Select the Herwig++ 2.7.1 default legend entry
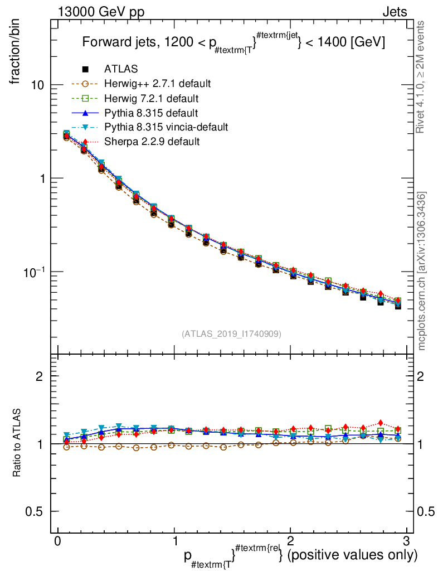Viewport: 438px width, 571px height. pyautogui.click(x=157, y=84)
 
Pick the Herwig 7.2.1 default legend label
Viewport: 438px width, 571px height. pyautogui.click(x=152, y=99)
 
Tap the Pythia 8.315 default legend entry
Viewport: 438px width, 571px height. pyautogui.click(x=151, y=113)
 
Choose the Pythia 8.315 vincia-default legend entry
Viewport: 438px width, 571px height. pyautogui.click(x=166, y=127)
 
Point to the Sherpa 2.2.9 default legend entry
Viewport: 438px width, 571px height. pyautogui.click(x=152, y=142)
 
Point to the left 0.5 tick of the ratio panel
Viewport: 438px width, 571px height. pyautogui.click(x=38, y=511)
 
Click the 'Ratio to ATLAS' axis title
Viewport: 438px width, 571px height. pyautogui.click(x=17, y=444)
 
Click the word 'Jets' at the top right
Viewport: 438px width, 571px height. pyautogui.click(x=394, y=12)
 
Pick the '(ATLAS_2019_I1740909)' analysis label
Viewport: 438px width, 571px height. pyautogui.click(x=231, y=334)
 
